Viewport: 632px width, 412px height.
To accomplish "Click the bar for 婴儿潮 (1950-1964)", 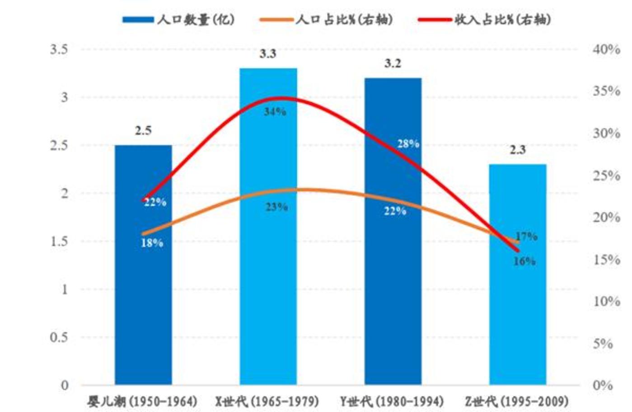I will pos(143,294).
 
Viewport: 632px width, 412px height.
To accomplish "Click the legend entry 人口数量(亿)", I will pos(178,19).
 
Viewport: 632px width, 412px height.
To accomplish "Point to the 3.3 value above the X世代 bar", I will pos(267,54).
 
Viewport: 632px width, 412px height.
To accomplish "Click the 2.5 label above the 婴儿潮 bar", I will pos(143,131).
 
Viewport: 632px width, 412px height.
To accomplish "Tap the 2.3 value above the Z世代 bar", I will pos(518,150).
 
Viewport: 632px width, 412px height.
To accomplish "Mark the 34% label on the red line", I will pos(275,111).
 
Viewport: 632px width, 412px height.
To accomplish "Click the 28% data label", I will pos(408,144).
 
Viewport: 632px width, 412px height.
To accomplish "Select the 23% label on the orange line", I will pos(276,207).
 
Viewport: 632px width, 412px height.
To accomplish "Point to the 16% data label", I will pos(524,261).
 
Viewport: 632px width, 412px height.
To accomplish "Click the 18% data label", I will pos(152,243).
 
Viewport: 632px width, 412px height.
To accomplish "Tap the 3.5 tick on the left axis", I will pos(59,49).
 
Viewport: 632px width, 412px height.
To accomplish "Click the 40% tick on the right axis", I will pos(606,49).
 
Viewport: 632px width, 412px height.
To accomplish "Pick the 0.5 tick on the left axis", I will pos(59,337).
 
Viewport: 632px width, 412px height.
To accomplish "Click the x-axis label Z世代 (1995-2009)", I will pos(516,401).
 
